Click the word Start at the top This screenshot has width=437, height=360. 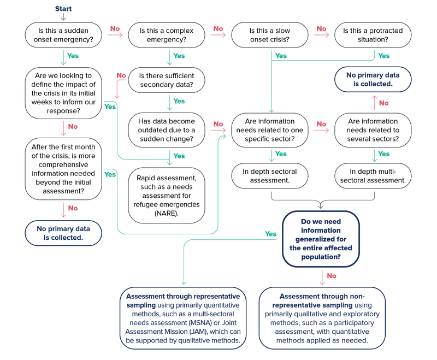pos(63,9)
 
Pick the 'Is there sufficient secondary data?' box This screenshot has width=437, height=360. pos(166,80)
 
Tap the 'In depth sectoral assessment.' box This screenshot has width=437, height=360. pos(270,175)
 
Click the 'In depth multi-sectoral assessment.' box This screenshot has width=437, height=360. pos(373,175)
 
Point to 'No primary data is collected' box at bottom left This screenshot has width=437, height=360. pos(63,232)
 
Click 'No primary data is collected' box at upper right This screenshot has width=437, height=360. pos(373,80)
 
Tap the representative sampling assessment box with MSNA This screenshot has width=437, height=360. pos(183,317)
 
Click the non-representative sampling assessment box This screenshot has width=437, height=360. pos(322,317)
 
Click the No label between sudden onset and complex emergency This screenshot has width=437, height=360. pos(115,28)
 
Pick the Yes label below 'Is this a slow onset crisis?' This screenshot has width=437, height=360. pos(281,56)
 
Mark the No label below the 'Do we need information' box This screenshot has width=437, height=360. pos(331,275)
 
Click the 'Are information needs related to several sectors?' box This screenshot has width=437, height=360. pos(373,130)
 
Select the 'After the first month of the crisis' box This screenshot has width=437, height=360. pos(63,169)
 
